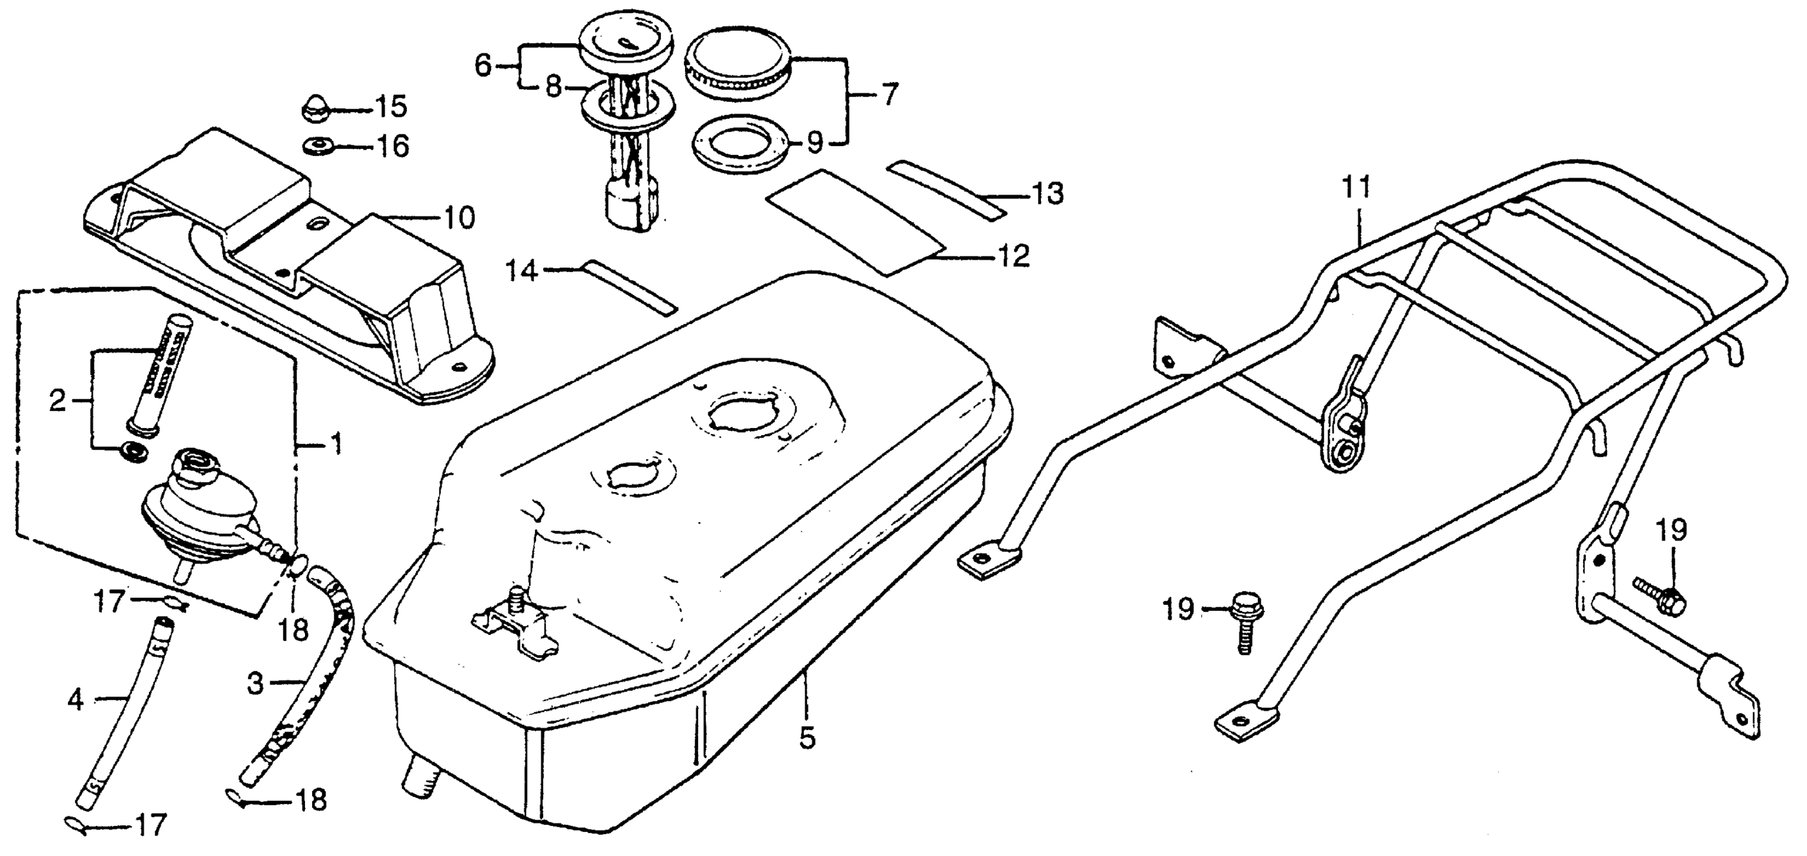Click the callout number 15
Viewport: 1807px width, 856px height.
(391, 108)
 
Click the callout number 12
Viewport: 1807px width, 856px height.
(1014, 257)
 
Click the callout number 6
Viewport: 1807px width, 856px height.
(483, 66)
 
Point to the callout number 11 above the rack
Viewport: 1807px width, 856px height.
(1356, 188)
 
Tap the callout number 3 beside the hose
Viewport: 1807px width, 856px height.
(255, 683)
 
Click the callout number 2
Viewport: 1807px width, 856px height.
(57, 401)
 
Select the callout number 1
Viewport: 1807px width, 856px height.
(336, 444)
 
